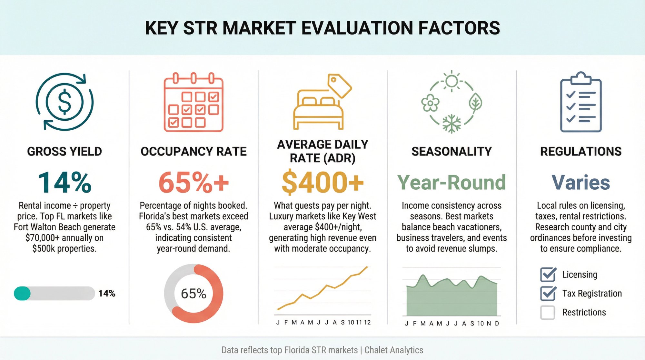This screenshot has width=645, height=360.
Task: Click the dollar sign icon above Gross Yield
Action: pos(64,102)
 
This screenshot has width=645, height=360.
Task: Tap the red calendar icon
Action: pos(193,103)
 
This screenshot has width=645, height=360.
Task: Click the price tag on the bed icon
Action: pos(339,85)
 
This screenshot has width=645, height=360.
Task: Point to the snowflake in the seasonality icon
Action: pos(451,124)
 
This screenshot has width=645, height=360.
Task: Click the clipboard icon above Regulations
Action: pos(581,103)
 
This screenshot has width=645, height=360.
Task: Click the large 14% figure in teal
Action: pos(64,183)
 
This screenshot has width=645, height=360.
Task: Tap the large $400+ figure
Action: pos(322,183)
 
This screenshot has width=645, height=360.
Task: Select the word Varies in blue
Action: pos(581,183)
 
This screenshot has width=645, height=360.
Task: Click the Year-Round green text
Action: pos(451,183)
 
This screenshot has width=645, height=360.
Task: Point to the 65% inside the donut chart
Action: pos(193,294)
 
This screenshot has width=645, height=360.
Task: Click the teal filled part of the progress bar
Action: pos(22,294)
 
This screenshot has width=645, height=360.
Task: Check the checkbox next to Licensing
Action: pos(548,275)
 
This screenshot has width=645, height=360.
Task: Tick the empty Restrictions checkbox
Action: pos(548,312)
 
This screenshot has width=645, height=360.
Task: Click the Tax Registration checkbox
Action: pos(548,293)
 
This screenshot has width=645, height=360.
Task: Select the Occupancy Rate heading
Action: pos(193,151)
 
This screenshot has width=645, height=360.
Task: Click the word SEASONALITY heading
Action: pos(451,151)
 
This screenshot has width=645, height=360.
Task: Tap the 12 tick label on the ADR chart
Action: pos(367,322)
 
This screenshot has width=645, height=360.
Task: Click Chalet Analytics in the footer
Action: pos(394,350)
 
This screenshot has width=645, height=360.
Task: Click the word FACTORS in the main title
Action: pos(459,28)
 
